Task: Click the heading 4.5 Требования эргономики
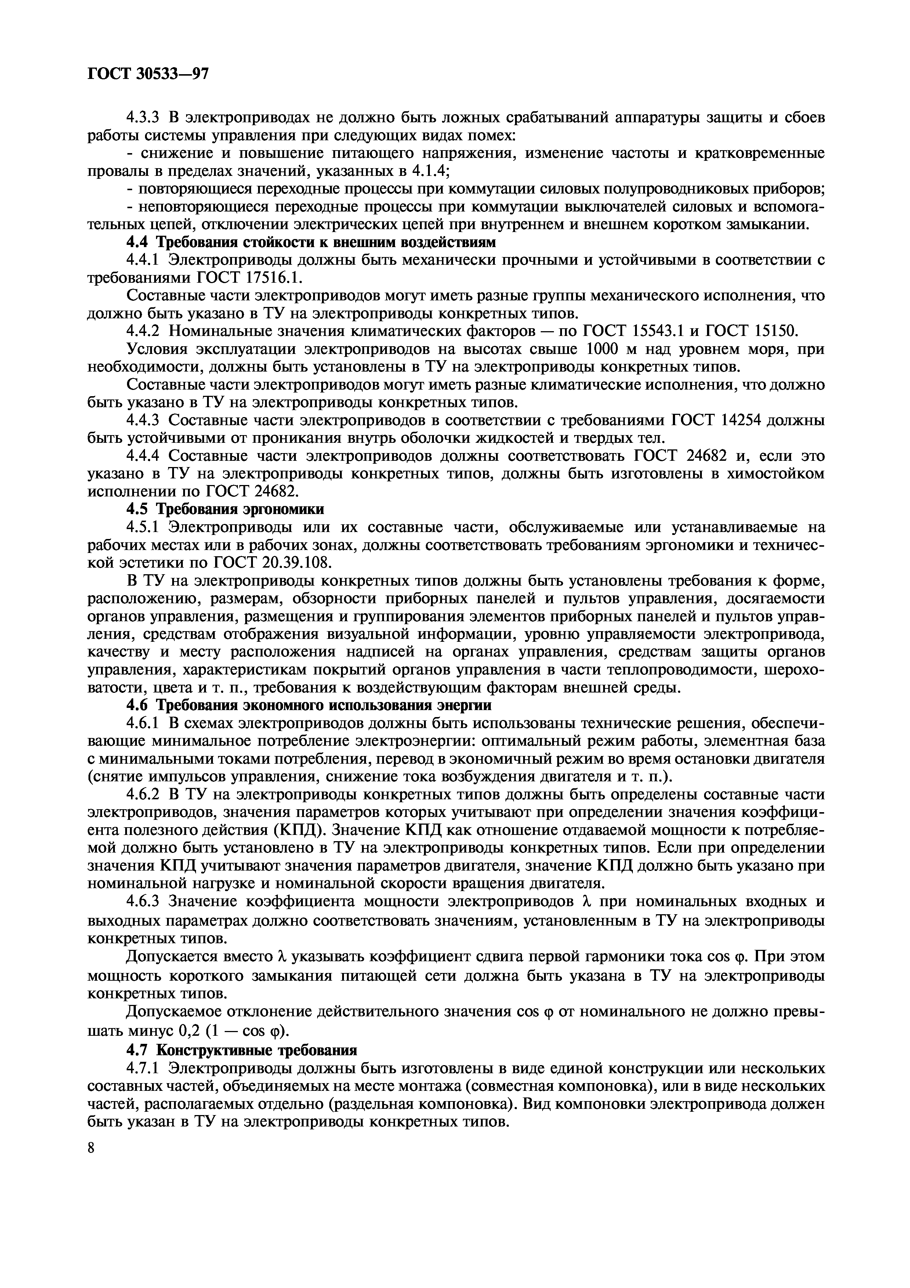coord(225,509)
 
